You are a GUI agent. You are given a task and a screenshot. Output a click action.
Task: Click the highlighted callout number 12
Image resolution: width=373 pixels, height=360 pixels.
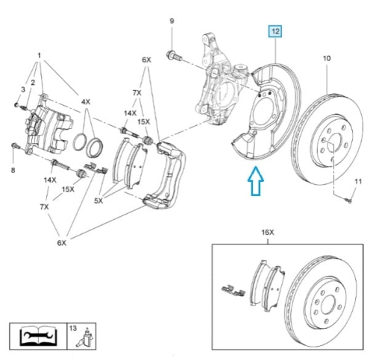point(275,31)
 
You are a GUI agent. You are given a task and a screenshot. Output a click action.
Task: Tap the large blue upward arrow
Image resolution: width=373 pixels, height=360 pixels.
point(256,181)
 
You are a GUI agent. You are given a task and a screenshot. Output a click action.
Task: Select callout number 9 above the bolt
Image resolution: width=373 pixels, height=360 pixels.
point(172,21)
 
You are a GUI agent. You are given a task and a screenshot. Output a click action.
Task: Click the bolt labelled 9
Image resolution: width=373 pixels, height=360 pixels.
point(174,56)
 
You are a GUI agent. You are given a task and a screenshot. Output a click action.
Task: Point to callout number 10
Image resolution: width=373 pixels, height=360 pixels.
point(327,58)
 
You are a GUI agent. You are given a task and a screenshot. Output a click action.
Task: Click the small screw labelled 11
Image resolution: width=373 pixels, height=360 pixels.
point(349,200)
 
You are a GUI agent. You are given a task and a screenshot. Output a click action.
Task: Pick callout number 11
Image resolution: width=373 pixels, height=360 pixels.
point(358,182)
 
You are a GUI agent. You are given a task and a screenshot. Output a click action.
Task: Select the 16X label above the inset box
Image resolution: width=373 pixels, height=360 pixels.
point(268,233)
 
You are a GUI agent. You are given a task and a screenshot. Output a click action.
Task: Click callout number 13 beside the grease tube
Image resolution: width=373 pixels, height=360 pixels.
point(73,328)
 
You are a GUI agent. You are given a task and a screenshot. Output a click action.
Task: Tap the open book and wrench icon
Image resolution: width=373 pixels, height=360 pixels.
point(38,336)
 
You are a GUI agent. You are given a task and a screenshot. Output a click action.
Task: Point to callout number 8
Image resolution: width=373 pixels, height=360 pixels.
point(13,170)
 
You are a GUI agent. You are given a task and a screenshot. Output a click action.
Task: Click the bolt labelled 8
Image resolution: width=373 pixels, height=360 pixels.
point(16,146)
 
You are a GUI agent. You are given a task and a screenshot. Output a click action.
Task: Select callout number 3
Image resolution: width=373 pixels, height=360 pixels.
point(23,89)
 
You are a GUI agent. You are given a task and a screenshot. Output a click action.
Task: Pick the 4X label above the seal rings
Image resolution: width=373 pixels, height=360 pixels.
point(86,102)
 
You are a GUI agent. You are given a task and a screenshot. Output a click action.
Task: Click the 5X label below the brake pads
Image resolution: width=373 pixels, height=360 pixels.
point(98,200)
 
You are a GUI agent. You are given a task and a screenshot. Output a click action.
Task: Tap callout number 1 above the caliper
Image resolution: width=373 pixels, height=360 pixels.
point(39,56)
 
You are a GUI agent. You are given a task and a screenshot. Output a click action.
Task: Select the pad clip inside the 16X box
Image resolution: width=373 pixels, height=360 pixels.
point(233,291)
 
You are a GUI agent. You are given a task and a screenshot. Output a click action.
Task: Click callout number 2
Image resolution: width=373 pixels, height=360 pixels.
point(33,83)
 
